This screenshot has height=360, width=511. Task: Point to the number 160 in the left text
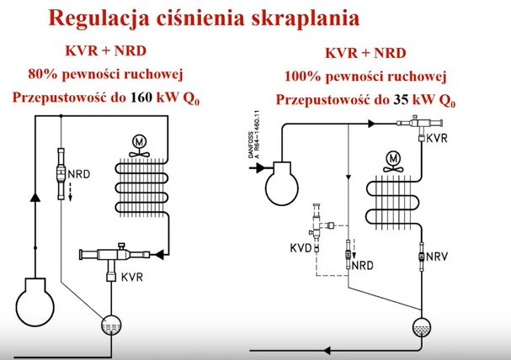(x=141, y=98)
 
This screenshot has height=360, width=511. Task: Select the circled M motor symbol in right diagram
(x=391, y=157)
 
